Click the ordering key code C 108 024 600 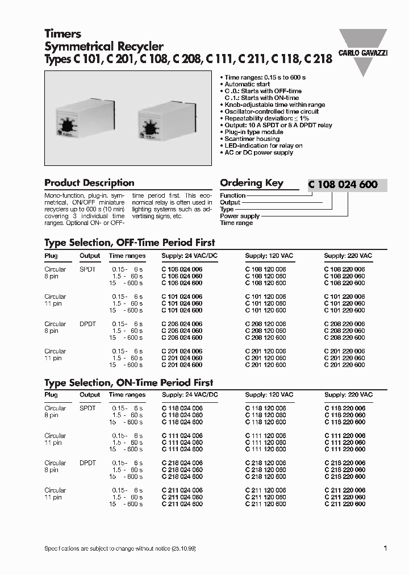[x=343, y=184]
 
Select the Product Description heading [x=89, y=183]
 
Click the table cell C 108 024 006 [x=182, y=269]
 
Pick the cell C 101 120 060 [x=265, y=303]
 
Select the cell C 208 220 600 [x=344, y=338]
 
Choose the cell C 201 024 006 [x=182, y=351]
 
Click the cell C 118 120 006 [x=265, y=409]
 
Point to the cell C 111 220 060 [x=344, y=443]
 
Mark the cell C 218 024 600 [x=182, y=477]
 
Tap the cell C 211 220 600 [x=344, y=504]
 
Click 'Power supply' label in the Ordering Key [x=240, y=216]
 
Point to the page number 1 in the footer [x=385, y=548]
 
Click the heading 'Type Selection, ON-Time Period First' [x=129, y=383]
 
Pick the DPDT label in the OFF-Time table [x=87, y=324]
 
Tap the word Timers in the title [x=63, y=34]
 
